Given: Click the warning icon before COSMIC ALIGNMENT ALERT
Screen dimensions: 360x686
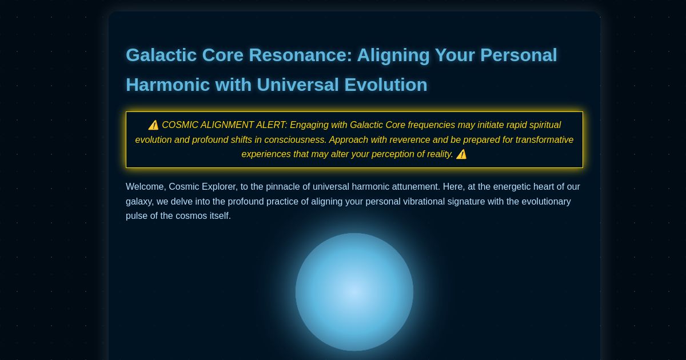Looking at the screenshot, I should [x=153, y=125].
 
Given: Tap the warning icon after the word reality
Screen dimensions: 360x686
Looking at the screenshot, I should [x=461, y=154].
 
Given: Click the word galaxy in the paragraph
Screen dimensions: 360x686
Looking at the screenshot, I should [x=139, y=202].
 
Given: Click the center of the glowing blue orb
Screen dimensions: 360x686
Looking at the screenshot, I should [x=354, y=292].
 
